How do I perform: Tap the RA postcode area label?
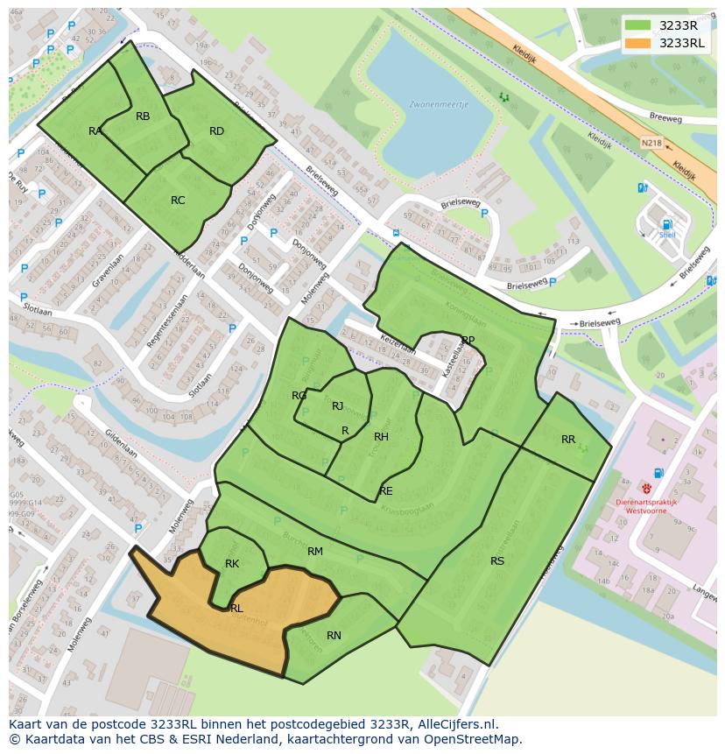95,131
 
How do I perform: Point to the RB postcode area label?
143,116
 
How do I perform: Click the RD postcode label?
216,131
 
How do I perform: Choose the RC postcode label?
178,201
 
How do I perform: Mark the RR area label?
568,440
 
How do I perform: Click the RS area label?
497,561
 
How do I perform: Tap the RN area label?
334,636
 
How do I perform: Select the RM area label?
315,552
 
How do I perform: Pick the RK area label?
232,564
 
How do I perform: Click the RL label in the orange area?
236,608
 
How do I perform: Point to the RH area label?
381,437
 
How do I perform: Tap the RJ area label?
337,406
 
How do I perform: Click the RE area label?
386,491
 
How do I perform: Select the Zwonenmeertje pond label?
439,104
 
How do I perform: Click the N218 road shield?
651,143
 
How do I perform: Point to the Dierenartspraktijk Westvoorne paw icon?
647,489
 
